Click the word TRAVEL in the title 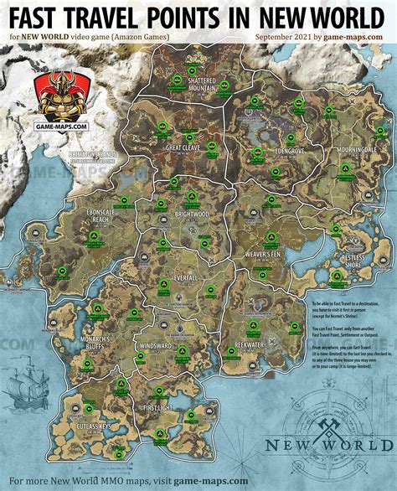(x=125, y=16)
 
